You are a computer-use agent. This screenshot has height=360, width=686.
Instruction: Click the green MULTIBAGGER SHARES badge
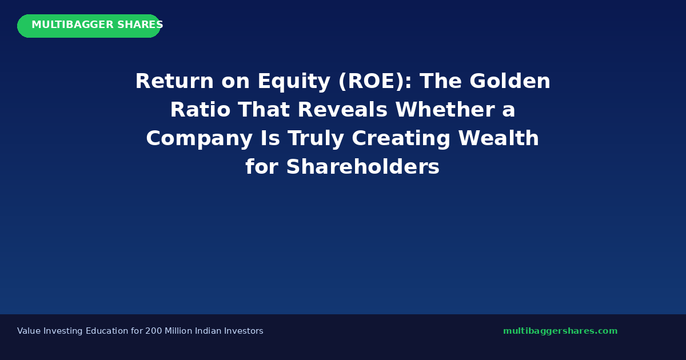tap(89, 26)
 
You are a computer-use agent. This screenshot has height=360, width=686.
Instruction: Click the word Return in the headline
tap(174, 81)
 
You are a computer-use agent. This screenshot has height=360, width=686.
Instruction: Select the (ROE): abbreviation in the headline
tap(375, 81)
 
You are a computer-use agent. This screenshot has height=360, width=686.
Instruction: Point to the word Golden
tap(509, 81)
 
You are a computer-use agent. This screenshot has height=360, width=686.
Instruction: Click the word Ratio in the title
tap(200, 110)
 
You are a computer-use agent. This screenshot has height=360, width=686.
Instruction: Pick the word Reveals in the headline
tap(342, 110)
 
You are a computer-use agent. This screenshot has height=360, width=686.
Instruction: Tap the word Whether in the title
tap(445, 110)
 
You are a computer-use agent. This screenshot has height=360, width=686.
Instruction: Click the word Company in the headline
tap(200, 139)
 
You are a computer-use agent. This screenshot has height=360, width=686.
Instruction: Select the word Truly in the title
tap(316, 139)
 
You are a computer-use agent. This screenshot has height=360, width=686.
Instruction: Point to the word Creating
tap(401, 139)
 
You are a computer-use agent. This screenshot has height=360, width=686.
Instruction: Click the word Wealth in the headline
tap(498, 138)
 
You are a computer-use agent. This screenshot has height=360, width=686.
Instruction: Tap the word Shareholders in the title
tap(363, 167)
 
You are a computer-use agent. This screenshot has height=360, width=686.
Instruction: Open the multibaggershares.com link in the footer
tap(560, 331)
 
